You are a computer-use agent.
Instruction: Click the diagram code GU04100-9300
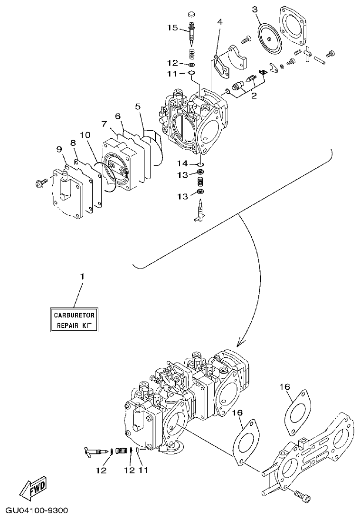point(34,511)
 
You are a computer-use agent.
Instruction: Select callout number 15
point(172,28)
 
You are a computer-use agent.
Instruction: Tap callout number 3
point(255,10)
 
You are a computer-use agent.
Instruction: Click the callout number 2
point(254,96)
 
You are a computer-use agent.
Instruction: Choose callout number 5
point(138,106)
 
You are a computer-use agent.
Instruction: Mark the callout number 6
point(118,115)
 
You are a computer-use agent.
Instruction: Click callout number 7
point(104,124)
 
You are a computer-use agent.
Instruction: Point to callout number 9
point(59,149)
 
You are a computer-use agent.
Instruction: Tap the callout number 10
point(85,135)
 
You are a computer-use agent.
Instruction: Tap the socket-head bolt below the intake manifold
point(302,496)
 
